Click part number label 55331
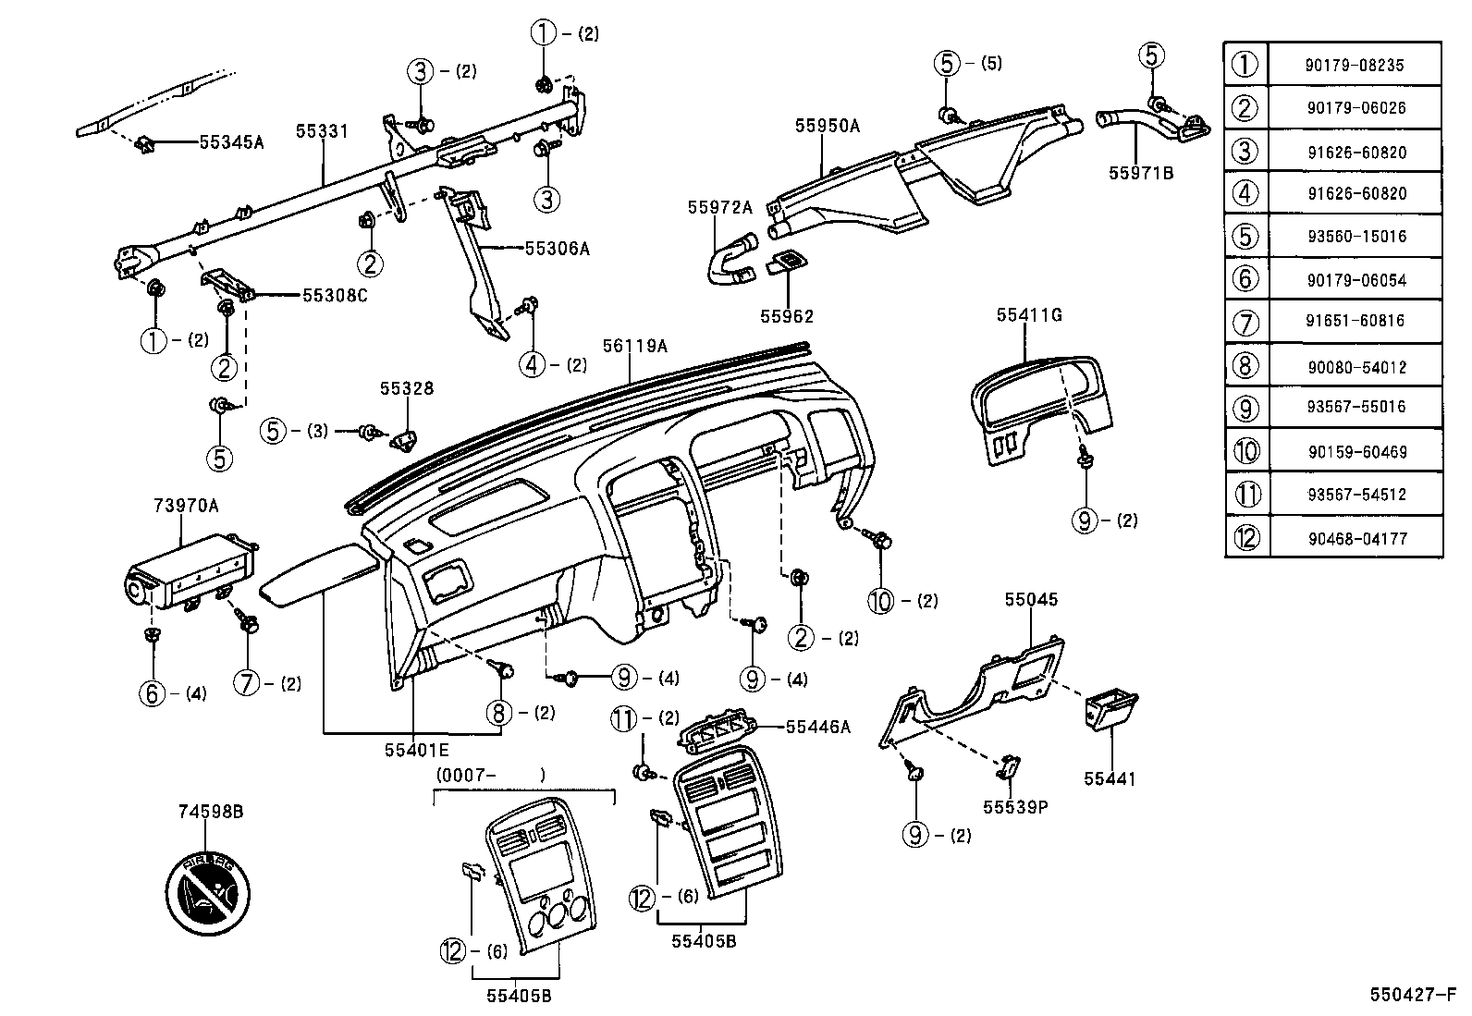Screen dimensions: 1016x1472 pos(322,131)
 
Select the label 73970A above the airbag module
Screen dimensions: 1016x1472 pos(186,506)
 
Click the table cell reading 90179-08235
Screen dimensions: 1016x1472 pos(1355,65)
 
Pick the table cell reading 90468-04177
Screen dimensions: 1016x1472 pos(1355,537)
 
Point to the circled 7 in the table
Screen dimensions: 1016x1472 pos(1246,323)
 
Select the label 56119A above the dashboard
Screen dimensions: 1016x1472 pos(634,346)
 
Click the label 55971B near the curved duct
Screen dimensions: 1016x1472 pos(1141,172)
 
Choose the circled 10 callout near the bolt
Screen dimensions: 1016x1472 pos(881,601)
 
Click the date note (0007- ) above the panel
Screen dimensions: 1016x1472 pos(489,775)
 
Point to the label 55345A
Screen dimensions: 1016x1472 pos(231,142)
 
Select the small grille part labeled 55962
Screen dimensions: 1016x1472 pos(786,264)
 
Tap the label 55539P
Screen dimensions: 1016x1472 pos(1014,806)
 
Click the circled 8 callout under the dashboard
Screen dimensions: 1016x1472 pos(499,712)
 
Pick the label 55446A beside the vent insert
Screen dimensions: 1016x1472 pos(817,727)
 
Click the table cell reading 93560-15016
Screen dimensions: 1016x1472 pos(1355,236)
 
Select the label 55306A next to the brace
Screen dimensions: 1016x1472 pos(557,248)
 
